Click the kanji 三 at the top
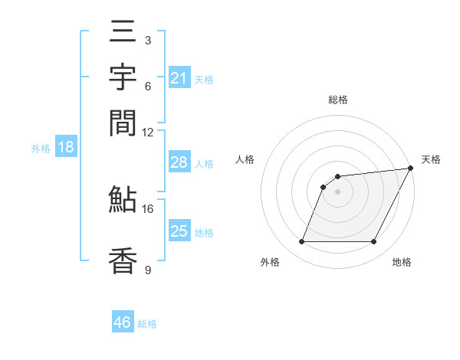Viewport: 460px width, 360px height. [123, 35]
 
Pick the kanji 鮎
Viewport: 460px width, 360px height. [123, 201]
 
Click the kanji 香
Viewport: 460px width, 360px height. [123, 260]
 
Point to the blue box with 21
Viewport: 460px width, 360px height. [179, 78]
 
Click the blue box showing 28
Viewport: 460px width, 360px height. [179, 162]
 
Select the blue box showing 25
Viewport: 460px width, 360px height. [179, 231]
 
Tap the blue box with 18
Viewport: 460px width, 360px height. [65, 147]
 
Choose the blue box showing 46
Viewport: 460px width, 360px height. [123, 322]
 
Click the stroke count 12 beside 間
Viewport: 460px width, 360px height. [148, 132]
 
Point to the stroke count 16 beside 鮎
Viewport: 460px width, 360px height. [148, 208]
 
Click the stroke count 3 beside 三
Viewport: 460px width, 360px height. [147, 40]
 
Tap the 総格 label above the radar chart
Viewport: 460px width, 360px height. [337, 100]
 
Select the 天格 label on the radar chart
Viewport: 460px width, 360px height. [431, 159]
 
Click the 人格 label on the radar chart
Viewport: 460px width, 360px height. [245, 159]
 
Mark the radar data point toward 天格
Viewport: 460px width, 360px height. [411, 169]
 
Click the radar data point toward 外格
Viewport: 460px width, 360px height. [301, 242]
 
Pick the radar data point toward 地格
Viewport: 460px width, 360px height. [374, 242]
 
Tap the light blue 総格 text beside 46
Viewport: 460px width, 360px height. [147, 324]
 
